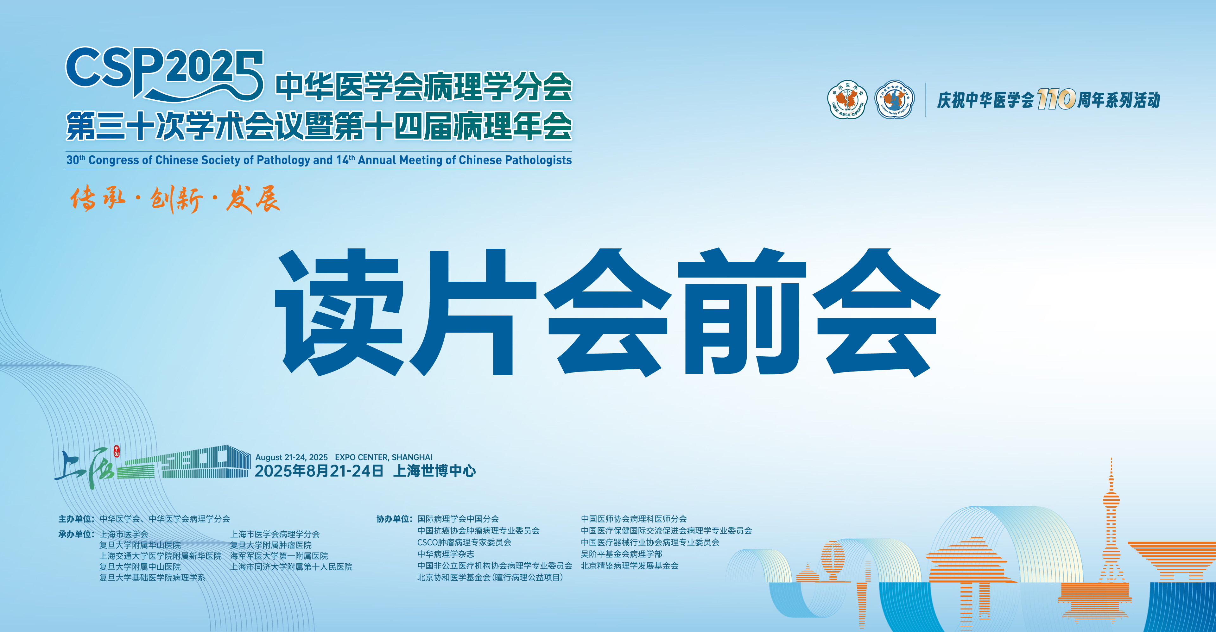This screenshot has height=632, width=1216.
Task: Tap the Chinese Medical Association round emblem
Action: coord(847,99)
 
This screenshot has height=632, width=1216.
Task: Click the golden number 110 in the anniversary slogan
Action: coord(1056,99)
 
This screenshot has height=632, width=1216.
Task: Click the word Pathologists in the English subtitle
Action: coord(538,160)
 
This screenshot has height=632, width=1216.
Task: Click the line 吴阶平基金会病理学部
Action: coord(621,554)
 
